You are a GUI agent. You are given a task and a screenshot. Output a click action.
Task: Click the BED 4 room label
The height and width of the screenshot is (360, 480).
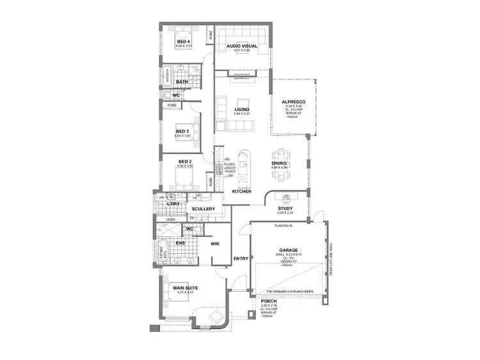(184, 42)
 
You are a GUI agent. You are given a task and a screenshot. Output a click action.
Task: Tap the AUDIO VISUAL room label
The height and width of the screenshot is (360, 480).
(241, 46)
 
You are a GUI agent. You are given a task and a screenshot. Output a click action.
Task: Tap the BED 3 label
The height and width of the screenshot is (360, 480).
(182, 131)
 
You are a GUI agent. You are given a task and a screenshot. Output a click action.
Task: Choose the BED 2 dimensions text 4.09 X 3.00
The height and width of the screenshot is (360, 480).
(185, 166)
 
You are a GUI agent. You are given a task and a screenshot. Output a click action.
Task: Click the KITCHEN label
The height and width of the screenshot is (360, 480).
(241, 192)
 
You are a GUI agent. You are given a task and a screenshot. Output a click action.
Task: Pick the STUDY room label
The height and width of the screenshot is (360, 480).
(285, 209)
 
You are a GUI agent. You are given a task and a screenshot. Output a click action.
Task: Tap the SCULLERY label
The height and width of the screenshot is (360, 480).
(204, 209)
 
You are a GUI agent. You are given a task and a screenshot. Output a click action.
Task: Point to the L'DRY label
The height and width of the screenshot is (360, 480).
(173, 204)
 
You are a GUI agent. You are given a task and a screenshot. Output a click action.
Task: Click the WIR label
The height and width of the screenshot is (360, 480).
(216, 243)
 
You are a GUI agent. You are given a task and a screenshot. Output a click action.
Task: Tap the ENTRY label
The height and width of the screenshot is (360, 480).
(241, 258)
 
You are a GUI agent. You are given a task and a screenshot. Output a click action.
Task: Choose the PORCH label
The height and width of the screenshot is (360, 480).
(269, 300)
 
